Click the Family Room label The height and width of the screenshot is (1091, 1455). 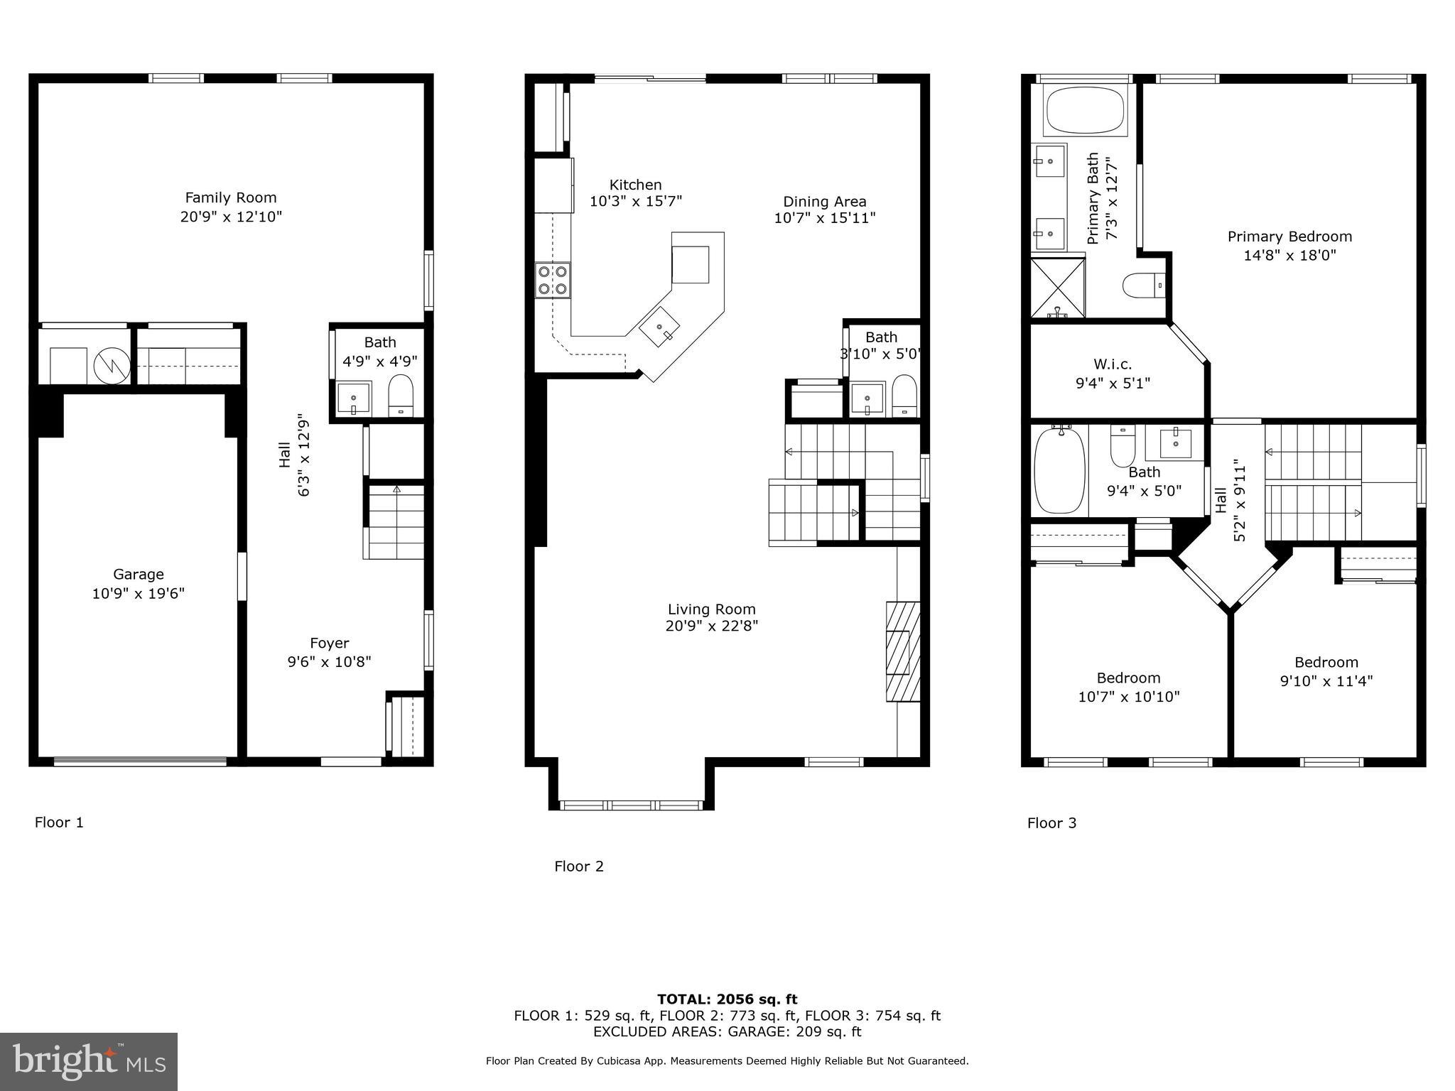pyautogui.click(x=231, y=197)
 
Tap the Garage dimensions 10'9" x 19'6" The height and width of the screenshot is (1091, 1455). pyautogui.click(x=138, y=593)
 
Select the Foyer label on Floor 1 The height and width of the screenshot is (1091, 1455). pyautogui.click(x=329, y=643)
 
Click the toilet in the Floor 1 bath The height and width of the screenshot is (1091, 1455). pyautogui.click(x=401, y=395)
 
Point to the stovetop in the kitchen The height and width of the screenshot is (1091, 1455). pyautogui.click(x=553, y=279)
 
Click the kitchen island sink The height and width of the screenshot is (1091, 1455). pyautogui.click(x=660, y=331)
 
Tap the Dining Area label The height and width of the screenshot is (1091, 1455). pyautogui.click(x=824, y=201)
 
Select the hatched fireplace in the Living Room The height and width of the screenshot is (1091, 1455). pyautogui.click(x=902, y=651)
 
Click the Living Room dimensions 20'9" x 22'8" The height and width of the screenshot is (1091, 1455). pyautogui.click(x=712, y=626)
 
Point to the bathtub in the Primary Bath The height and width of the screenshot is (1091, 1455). pyautogui.click(x=1084, y=110)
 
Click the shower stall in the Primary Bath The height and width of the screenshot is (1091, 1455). pyautogui.click(x=1058, y=288)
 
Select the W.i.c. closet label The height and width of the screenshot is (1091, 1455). pyautogui.click(x=1113, y=364)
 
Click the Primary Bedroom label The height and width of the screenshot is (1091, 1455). pyautogui.click(x=1289, y=237)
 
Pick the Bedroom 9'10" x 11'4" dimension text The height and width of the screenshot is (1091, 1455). pyautogui.click(x=1326, y=681)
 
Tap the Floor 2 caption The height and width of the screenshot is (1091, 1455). pyautogui.click(x=578, y=866)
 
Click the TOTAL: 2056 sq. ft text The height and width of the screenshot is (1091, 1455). pyautogui.click(x=727, y=999)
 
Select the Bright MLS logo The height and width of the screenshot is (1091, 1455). pyautogui.click(x=89, y=1061)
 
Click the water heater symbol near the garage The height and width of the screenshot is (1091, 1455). pyautogui.click(x=112, y=366)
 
